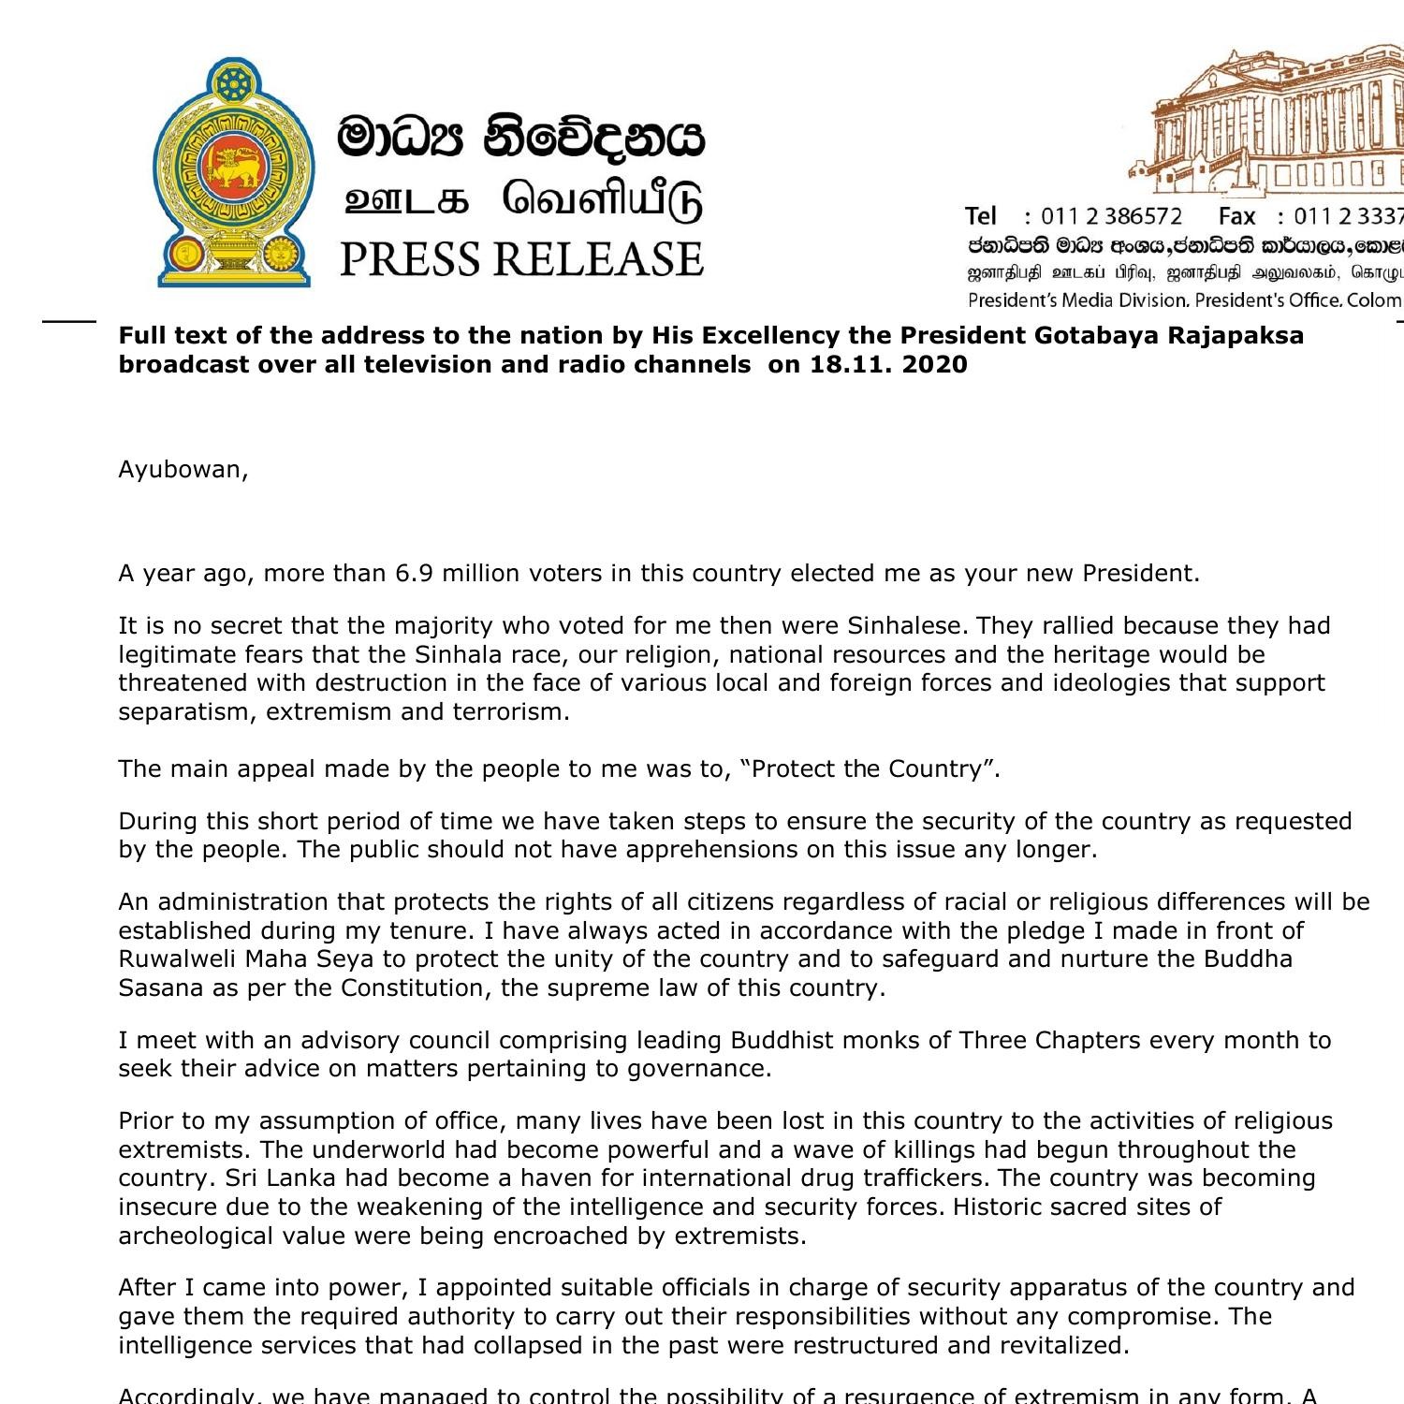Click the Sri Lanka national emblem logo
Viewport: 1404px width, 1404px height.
click(232, 173)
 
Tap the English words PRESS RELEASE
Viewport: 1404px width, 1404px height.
click(520, 259)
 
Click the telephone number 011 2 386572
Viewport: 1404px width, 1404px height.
click(1111, 217)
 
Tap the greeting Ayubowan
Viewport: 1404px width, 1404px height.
click(183, 470)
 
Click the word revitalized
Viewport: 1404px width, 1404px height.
click(1057, 1346)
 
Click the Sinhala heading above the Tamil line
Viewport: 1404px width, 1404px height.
click(520, 138)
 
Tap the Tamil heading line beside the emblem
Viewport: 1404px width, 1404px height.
click(520, 200)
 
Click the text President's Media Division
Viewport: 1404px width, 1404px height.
click(1077, 300)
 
